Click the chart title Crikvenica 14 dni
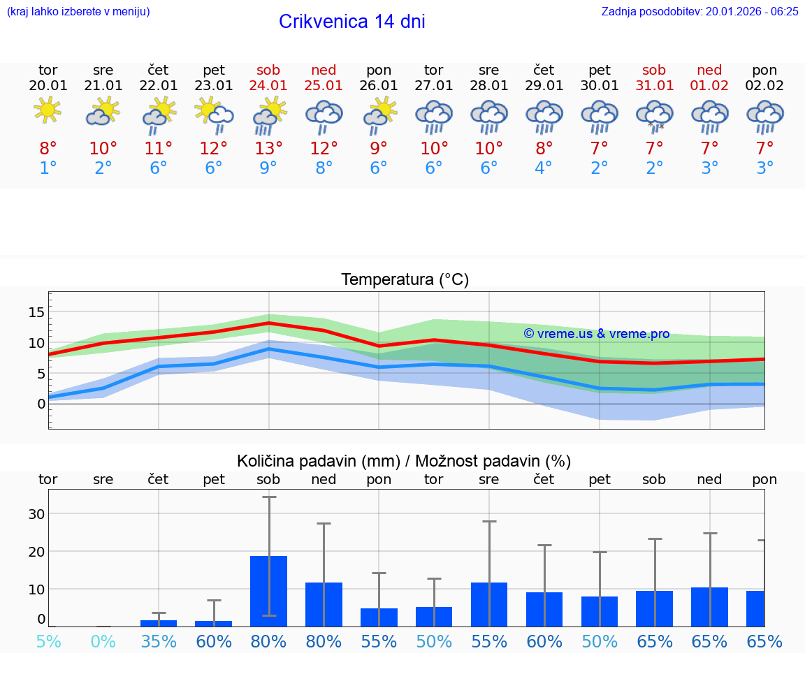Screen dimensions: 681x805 click(x=351, y=22)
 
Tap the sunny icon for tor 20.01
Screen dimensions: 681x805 click(x=48, y=110)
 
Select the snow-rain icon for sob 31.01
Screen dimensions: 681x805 click(x=655, y=115)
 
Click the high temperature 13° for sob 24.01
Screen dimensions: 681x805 click(x=268, y=148)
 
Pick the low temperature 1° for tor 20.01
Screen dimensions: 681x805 click(x=48, y=168)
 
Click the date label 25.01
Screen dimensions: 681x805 click(x=324, y=85)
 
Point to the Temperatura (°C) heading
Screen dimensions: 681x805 click(x=405, y=279)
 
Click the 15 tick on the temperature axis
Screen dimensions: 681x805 click(x=37, y=312)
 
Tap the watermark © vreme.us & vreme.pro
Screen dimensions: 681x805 click(x=596, y=334)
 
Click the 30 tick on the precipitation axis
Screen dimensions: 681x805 click(x=36, y=513)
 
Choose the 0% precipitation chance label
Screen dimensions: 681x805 click(x=103, y=641)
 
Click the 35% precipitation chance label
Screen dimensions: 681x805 click(x=159, y=641)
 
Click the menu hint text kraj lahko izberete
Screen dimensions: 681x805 click(x=78, y=11)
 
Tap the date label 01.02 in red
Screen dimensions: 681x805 click(x=710, y=85)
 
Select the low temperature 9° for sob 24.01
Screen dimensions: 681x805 click(x=268, y=168)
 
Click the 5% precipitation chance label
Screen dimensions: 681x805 click(x=48, y=641)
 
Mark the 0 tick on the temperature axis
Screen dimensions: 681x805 click(x=41, y=404)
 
